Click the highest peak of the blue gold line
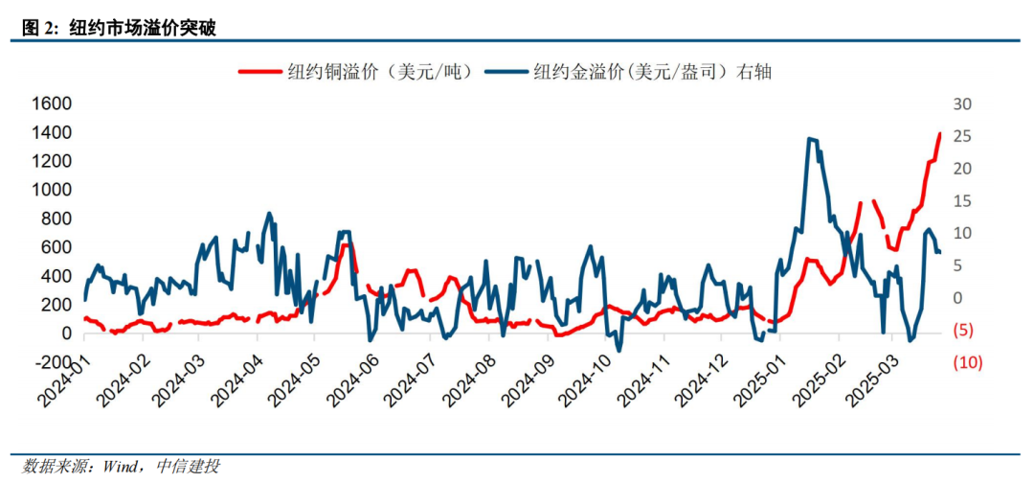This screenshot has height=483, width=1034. point(810,139)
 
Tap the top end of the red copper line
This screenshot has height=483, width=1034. point(940,134)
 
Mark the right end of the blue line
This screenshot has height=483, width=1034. point(939,252)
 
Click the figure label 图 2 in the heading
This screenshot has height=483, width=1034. point(36,28)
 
